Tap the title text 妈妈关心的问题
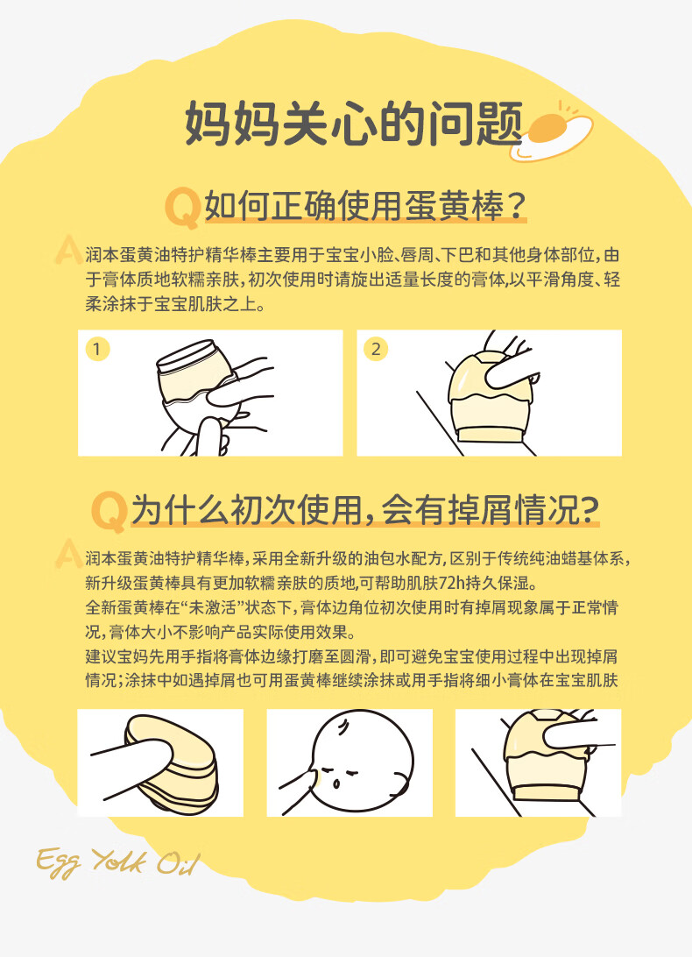click(354, 124)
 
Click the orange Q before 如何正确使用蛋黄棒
click(182, 208)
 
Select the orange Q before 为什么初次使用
click(109, 512)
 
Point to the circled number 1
click(96, 350)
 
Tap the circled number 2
click(375, 350)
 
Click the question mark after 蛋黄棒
click(516, 206)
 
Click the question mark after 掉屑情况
click(589, 510)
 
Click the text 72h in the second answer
click(452, 584)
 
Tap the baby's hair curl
click(343, 727)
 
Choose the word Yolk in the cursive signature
click(120, 861)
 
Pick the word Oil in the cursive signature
click(178, 861)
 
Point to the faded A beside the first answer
click(68, 250)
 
